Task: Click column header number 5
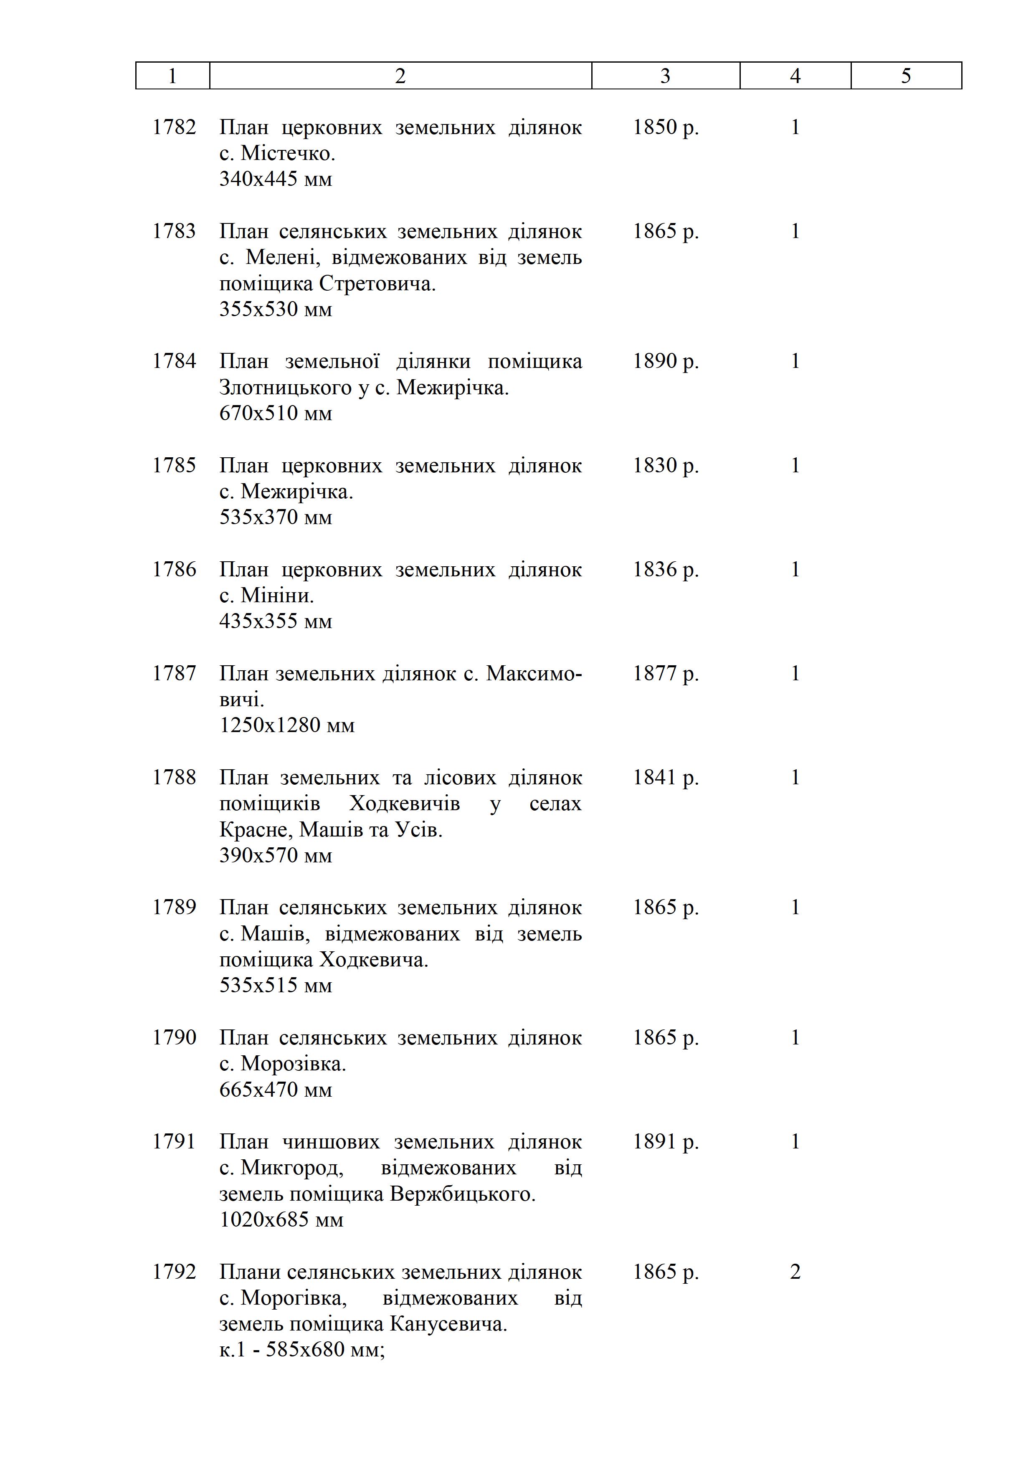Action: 905,76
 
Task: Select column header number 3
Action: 665,76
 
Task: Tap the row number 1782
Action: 174,127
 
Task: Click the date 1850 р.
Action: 665,127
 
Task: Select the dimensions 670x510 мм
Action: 276,413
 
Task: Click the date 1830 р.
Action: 665,465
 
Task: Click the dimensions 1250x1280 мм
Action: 287,725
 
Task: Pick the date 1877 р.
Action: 665,673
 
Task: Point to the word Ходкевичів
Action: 405,803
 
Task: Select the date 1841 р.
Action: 665,777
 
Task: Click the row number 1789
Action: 174,907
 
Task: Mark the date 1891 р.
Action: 665,1141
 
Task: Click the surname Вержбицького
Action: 462,1194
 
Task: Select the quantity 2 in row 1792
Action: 795,1272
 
